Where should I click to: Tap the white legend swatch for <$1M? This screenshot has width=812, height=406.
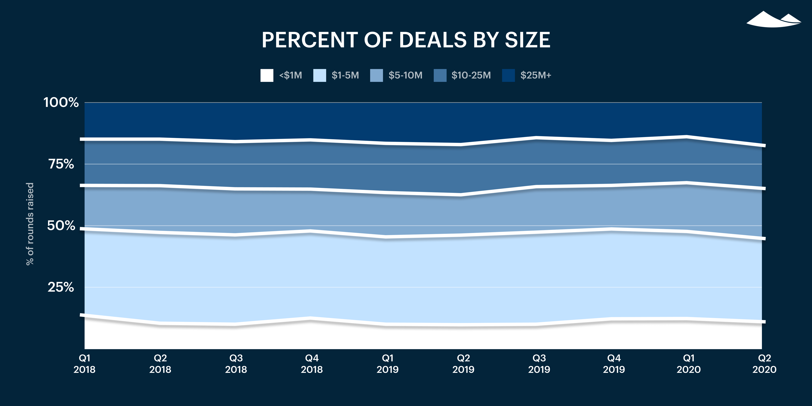coord(267,75)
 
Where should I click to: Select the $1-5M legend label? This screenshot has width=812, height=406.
coord(345,75)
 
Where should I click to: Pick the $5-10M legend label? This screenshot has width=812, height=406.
coord(405,75)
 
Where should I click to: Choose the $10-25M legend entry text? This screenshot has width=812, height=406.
coord(471,75)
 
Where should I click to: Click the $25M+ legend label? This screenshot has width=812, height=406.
coord(536,75)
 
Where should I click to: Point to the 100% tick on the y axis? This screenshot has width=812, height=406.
coord(61,102)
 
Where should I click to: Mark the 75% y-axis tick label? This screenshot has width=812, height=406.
coord(61,164)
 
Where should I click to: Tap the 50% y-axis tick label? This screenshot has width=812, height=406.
coord(61,225)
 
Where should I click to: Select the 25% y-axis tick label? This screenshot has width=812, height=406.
coord(61,287)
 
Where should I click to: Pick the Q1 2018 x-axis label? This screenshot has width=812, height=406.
coord(85,363)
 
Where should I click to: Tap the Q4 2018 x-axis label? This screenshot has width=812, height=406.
coord(312,363)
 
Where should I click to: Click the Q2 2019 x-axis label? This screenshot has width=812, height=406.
coord(463,363)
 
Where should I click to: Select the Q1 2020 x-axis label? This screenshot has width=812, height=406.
coord(689,363)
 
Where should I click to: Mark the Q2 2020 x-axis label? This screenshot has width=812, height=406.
coord(764,363)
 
